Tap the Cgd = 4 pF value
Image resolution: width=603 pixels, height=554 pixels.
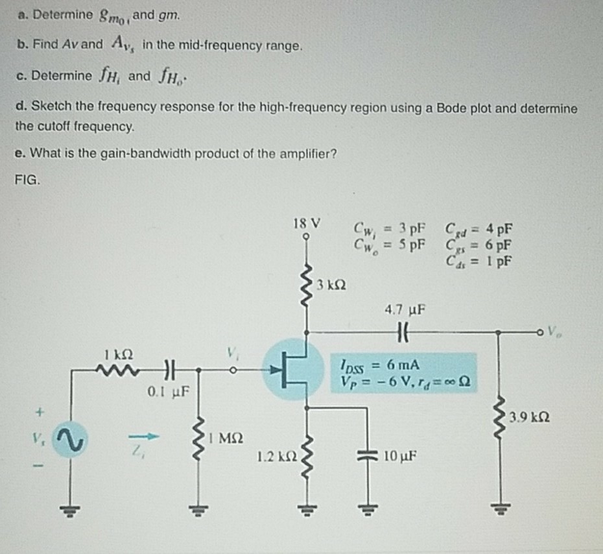tap(478, 229)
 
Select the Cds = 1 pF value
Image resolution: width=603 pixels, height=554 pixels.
tap(478, 261)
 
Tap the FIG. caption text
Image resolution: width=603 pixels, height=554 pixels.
tap(29, 178)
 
